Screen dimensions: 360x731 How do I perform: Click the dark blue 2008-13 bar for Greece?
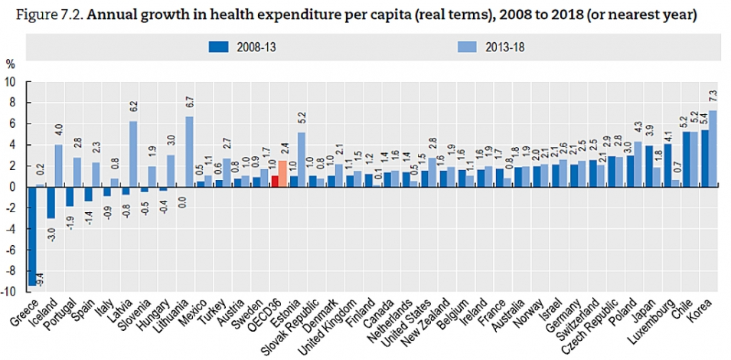click(32, 235)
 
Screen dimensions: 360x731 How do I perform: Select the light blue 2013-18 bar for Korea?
click(713, 148)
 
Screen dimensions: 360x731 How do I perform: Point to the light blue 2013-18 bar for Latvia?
click(132, 153)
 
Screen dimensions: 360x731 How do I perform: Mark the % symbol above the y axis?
click(11, 63)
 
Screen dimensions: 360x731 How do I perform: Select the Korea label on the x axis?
click(704, 314)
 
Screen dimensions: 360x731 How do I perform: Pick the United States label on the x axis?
click(410, 325)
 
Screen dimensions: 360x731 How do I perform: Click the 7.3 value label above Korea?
click(713, 97)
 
